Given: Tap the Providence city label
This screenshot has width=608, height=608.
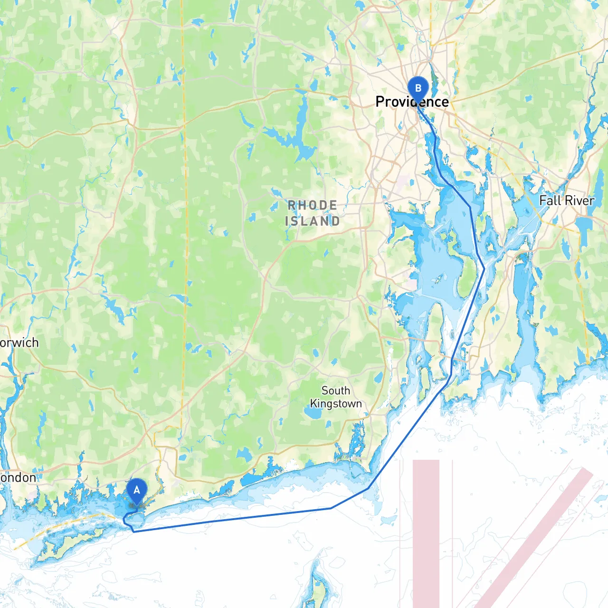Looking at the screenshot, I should [412, 102].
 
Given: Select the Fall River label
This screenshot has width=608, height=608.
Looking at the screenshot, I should [566, 200].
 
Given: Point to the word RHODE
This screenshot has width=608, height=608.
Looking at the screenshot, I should [313, 205].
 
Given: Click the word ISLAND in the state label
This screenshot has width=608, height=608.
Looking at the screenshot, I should [313, 221].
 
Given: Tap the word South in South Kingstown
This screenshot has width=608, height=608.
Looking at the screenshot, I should [336, 390].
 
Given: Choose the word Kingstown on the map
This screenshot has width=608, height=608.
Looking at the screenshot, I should [336, 404].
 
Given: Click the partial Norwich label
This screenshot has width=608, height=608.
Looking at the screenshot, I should [19, 342].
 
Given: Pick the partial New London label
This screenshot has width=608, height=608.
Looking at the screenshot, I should [18, 477].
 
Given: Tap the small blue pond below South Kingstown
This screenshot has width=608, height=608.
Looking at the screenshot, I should [313, 413].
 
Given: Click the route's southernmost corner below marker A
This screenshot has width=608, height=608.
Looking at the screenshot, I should [134, 532].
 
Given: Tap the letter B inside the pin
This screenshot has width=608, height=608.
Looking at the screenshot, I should [418, 88].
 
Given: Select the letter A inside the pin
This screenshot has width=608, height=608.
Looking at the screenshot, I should [137, 490].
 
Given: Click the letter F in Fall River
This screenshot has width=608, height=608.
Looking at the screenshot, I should [543, 200].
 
